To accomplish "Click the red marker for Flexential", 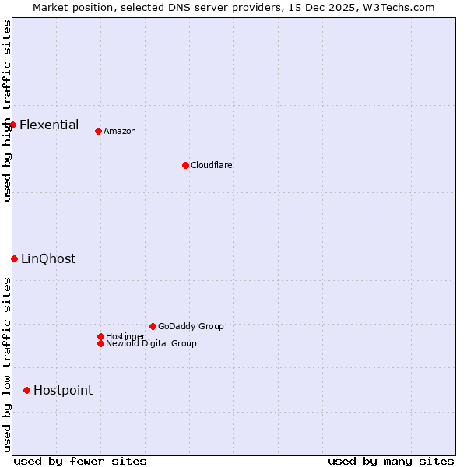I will [12, 125].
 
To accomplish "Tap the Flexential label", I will [49, 125].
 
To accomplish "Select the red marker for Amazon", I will [98, 131].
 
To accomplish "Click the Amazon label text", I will [119, 131].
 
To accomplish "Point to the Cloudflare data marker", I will [185, 165].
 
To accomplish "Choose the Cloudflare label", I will [211, 165].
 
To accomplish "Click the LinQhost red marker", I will [14, 258].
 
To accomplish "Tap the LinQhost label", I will [48, 259].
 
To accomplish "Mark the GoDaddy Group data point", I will [153, 326].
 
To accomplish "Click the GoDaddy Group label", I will [191, 326].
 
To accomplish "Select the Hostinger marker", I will [100, 336].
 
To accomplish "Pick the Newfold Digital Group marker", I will [100, 343].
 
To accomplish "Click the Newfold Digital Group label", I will [151, 343].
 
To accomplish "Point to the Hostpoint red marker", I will [26, 390].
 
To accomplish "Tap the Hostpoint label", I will [63, 391].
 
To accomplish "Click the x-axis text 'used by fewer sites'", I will [80, 461].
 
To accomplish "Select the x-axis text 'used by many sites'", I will [391, 461].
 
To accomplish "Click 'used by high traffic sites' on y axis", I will [7, 111].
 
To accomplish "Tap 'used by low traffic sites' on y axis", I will [7, 364].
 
